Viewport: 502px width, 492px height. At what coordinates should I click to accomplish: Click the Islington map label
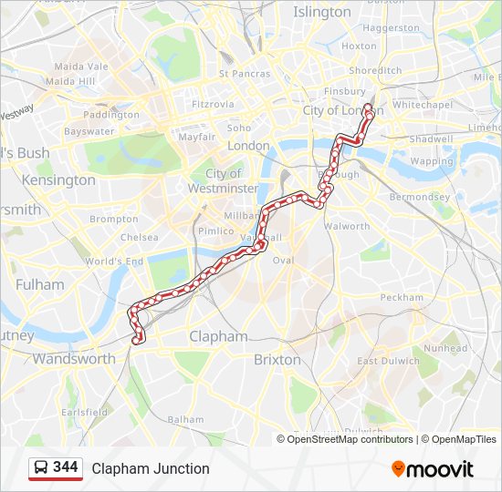click(321, 12)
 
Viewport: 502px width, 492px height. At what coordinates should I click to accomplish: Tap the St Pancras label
click(245, 74)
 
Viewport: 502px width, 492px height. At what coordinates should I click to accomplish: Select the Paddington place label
click(110, 115)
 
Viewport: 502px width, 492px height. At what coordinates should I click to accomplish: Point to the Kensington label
click(58, 179)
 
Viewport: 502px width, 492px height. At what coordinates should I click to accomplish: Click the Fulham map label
click(40, 284)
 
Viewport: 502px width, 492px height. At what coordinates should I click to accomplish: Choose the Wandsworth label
click(74, 358)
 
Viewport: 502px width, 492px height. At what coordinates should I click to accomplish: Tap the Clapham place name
click(218, 336)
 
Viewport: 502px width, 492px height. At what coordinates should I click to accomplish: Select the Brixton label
click(277, 359)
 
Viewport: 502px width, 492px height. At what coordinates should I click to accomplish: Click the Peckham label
click(402, 297)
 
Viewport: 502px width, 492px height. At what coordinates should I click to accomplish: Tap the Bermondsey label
click(420, 197)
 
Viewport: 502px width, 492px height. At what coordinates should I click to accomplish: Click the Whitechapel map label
click(423, 105)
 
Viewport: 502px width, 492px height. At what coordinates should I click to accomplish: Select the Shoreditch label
click(375, 70)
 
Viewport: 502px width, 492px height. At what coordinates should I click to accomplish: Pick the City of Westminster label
click(223, 180)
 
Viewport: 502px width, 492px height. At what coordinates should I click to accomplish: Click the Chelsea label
click(139, 237)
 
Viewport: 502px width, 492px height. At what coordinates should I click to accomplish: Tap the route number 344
click(66, 467)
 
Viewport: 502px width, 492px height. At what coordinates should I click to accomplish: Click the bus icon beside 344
click(41, 468)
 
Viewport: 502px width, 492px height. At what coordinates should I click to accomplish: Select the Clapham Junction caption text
click(151, 468)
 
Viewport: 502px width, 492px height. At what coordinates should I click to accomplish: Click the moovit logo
click(433, 468)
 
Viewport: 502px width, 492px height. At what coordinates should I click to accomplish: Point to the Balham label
click(186, 419)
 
